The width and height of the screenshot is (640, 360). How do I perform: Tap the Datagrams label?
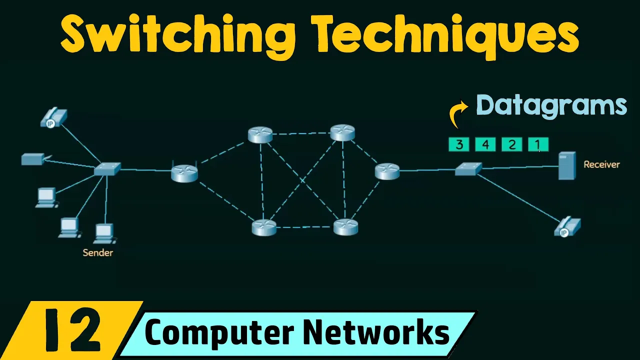pyautogui.click(x=551, y=105)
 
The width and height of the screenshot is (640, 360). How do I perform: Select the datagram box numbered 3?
pyautogui.click(x=459, y=145)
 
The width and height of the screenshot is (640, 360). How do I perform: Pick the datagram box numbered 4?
pyautogui.click(x=485, y=145)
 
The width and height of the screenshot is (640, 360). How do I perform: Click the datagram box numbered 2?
pyautogui.click(x=511, y=145)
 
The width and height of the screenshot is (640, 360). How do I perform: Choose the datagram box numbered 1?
pyautogui.click(x=538, y=145)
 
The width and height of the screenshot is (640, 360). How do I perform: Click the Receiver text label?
pyautogui.click(x=601, y=164)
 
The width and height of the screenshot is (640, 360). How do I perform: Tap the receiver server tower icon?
pyautogui.click(x=567, y=165)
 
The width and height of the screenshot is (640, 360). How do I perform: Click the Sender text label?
pyautogui.click(x=97, y=253)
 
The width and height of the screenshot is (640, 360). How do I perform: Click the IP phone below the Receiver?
pyautogui.click(x=567, y=227)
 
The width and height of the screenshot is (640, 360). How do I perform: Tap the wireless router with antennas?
pyautogui.click(x=184, y=172)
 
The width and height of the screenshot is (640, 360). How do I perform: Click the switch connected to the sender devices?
pyautogui.click(x=107, y=169)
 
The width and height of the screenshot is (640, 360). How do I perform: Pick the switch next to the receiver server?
pyautogui.click(x=468, y=169)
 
